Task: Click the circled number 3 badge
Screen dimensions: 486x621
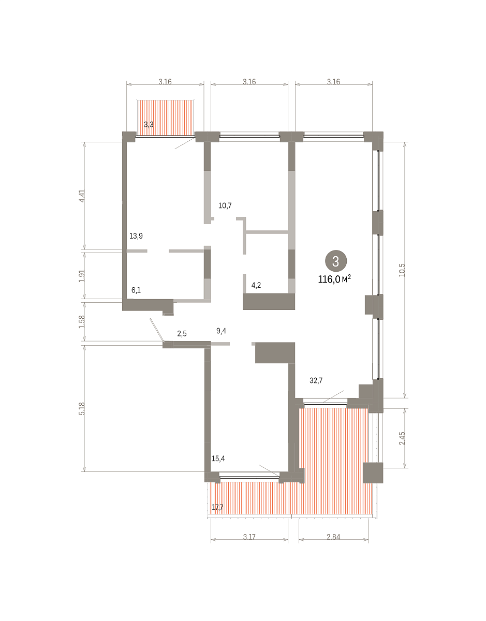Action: point(336,261)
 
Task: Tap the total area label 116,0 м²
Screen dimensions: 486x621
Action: point(334,279)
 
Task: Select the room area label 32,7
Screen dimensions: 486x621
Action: point(316,380)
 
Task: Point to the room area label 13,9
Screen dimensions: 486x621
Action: point(136,236)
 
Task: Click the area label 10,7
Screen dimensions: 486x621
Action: point(225,205)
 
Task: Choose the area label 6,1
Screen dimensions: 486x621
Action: point(136,290)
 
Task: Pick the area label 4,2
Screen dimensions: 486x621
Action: point(256,285)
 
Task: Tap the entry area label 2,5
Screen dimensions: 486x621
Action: point(182,333)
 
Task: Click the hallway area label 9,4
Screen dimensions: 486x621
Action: point(221,331)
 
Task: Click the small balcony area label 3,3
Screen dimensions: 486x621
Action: point(149,124)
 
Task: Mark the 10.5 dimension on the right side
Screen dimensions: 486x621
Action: point(402,270)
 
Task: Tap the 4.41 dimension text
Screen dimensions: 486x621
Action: point(82,196)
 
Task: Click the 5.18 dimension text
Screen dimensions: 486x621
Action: point(82,409)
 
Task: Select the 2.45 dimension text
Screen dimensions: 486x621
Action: point(402,438)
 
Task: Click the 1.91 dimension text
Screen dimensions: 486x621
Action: point(82,276)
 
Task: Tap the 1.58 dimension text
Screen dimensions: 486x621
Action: point(82,321)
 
